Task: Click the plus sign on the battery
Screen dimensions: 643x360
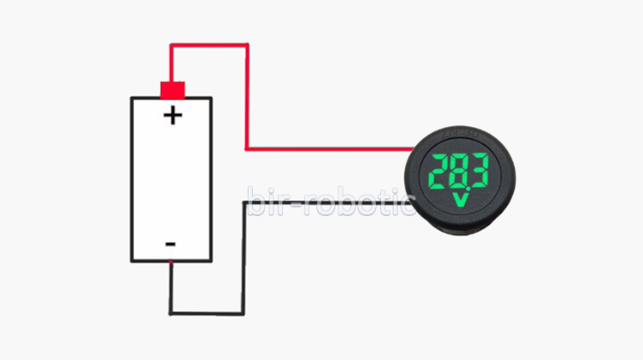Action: (172, 116)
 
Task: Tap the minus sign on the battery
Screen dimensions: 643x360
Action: (170, 244)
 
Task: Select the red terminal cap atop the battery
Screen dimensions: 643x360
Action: (172, 90)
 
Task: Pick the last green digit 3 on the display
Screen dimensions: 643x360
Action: (480, 170)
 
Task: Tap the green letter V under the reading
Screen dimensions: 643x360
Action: (460, 200)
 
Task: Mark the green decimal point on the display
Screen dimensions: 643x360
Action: (464, 189)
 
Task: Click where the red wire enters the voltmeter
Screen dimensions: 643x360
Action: (412, 149)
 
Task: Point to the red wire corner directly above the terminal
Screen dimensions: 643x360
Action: (172, 45)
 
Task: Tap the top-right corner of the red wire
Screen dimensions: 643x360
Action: (247, 45)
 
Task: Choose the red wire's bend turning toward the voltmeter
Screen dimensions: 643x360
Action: (247, 149)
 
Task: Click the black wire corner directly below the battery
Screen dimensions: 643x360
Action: (171, 314)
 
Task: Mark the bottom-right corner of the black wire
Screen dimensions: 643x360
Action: (243, 314)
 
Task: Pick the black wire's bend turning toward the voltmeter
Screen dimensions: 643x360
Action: (244, 203)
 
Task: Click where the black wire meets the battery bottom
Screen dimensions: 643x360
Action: (171, 261)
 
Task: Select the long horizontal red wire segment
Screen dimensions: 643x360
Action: (329, 149)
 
